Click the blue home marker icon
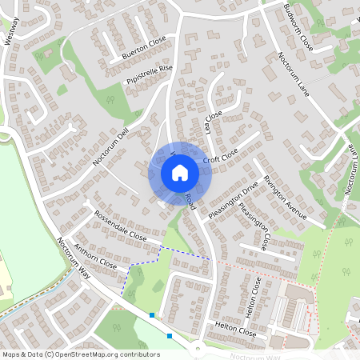coord(180,173)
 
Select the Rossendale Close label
coord(120,226)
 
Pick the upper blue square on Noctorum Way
coord(152,315)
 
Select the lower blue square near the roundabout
coord(170,336)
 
